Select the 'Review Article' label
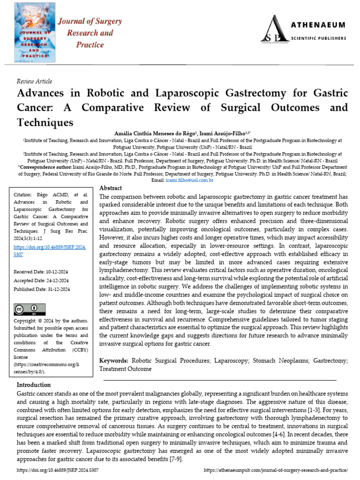pos(34,81)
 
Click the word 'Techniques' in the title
pos(46,123)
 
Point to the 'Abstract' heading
pos(111,188)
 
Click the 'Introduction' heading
pos(34,385)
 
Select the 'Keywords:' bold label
pos(114,360)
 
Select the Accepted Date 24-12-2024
pos(41,280)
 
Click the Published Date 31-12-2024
pos(42,289)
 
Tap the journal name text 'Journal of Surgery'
pos(90,22)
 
